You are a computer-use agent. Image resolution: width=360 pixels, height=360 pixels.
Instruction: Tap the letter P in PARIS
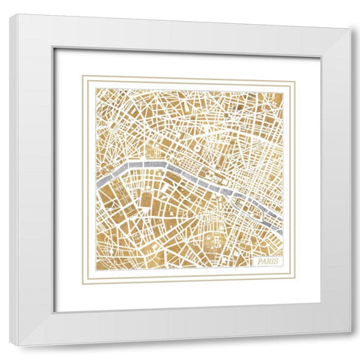(x=256, y=261)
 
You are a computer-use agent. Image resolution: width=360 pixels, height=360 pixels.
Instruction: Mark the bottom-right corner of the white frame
(x=349, y=332)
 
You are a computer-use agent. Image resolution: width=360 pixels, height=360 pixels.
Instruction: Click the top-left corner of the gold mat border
(x=82, y=76)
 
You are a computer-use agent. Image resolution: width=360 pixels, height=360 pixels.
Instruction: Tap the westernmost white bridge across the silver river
(x=132, y=163)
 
